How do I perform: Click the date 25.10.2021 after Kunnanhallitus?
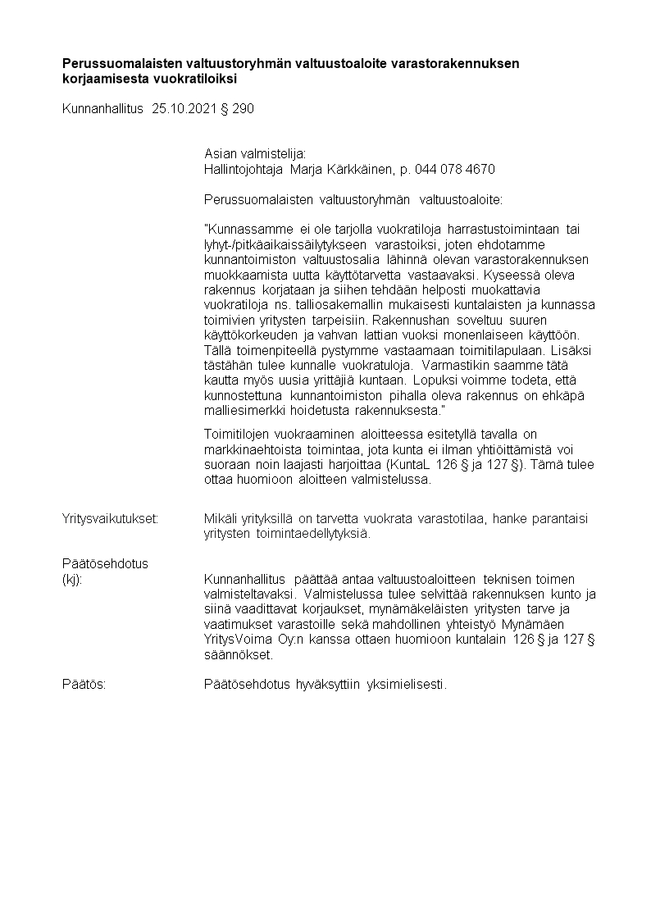pos(185,109)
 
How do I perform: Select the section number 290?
pos(244,109)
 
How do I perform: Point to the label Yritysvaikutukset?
pos(111,518)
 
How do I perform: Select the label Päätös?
pos(84,684)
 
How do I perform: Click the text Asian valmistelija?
pos(254,153)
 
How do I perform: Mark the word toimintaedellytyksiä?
pos(314,534)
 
